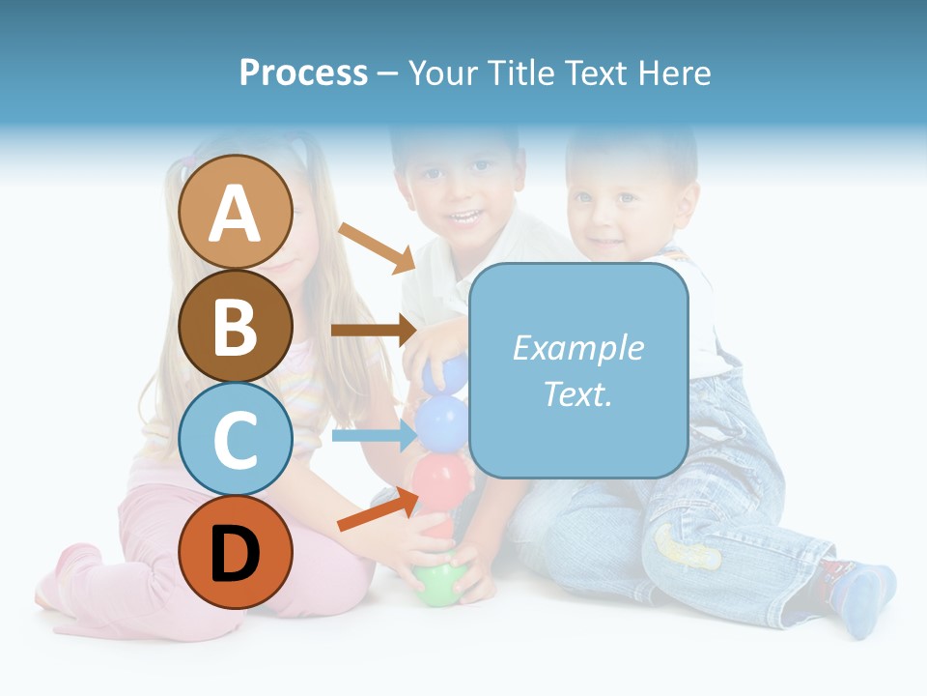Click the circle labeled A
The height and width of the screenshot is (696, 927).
point(236,212)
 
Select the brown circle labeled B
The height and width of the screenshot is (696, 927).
point(236,326)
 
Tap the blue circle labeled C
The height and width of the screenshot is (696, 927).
point(236,439)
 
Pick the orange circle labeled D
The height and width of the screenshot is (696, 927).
point(236,552)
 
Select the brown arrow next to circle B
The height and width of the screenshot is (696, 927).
point(373,330)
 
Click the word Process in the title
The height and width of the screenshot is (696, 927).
point(303,72)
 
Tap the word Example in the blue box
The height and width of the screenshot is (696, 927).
point(577,348)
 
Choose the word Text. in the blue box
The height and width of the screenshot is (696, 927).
point(577,393)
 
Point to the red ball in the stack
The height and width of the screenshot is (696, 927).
point(441,477)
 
